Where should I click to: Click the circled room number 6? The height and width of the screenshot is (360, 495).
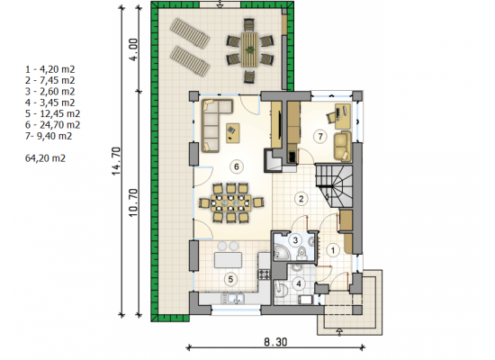coord(237,166)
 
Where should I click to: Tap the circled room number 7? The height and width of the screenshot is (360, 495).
coord(320,137)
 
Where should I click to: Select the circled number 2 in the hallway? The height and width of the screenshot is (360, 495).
coord(301,199)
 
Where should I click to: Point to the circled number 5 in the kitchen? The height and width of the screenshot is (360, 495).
coord(230,279)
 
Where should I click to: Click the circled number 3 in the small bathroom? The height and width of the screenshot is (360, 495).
coord(295,240)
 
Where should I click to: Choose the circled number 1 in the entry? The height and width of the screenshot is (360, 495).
coord(333,250)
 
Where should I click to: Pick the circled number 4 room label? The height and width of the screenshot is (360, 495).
coord(299,283)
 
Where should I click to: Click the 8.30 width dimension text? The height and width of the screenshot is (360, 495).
coord(275,342)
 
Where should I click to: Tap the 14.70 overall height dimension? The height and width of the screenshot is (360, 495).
coord(116,161)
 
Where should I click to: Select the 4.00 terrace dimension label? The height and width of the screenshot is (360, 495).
coord(134,49)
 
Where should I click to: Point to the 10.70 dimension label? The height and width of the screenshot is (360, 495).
coord(134,202)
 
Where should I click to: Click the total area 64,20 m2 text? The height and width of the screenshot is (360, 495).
coord(45,157)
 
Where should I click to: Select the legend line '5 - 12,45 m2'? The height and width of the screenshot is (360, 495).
coord(52,113)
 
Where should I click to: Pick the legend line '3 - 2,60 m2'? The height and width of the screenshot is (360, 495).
coord(49,92)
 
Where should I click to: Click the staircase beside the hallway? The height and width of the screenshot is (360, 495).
coord(334,185)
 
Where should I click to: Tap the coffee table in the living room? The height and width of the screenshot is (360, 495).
coord(233,133)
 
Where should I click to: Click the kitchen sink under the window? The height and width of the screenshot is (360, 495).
coord(232,298)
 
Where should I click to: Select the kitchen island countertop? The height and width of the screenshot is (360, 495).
coord(229,260)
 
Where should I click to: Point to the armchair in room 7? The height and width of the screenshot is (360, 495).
coord(342,146)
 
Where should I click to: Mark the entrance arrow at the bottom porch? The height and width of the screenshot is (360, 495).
coord(339,331)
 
